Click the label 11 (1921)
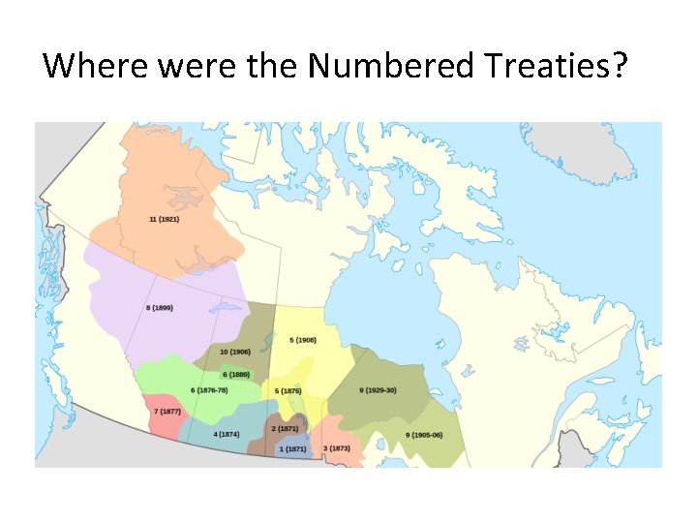pyautogui.click(x=164, y=219)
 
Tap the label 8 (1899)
pyautogui.click(x=159, y=308)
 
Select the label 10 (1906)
pyautogui.click(x=235, y=352)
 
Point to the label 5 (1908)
pyautogui.click(x=303, y=340)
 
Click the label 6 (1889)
pyautogui.click(x=236, y=374)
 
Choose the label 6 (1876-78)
pyautogui.click(x=210, y=389)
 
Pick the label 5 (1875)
pyautogui.click(x=288, y=390)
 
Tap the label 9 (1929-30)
pyautogui.click(x=378, y=390)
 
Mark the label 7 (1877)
pyautogui.click(x=167, y=412)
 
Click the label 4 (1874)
pyautogui.click(x=227, y=434)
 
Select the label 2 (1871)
pyautogui.click(x=285, y=428)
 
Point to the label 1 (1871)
pyautogui.click(x=292, y=448)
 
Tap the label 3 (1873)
pyautogui.click(x=337, y=448)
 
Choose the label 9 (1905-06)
pyautogui.click(x=424, y=435)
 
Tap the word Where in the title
pyautogui.click(x=93, y=66)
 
